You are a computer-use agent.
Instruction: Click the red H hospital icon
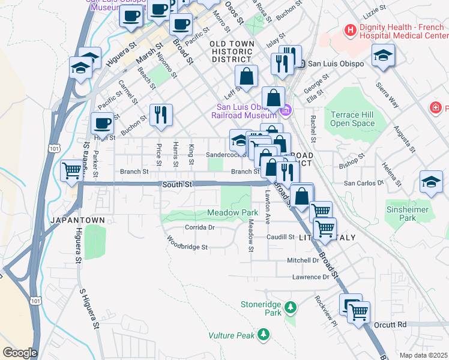coord(349,29)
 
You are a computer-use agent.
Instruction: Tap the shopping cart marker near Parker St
coord(72,170)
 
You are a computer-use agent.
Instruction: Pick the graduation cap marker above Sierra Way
coord(383,55)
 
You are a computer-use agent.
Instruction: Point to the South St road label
coord(176,184)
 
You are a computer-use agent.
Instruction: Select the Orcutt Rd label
coord(393,325)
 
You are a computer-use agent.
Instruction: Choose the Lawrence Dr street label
coord(310,277)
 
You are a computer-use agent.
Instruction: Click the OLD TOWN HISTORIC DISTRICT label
coord(231,52)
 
